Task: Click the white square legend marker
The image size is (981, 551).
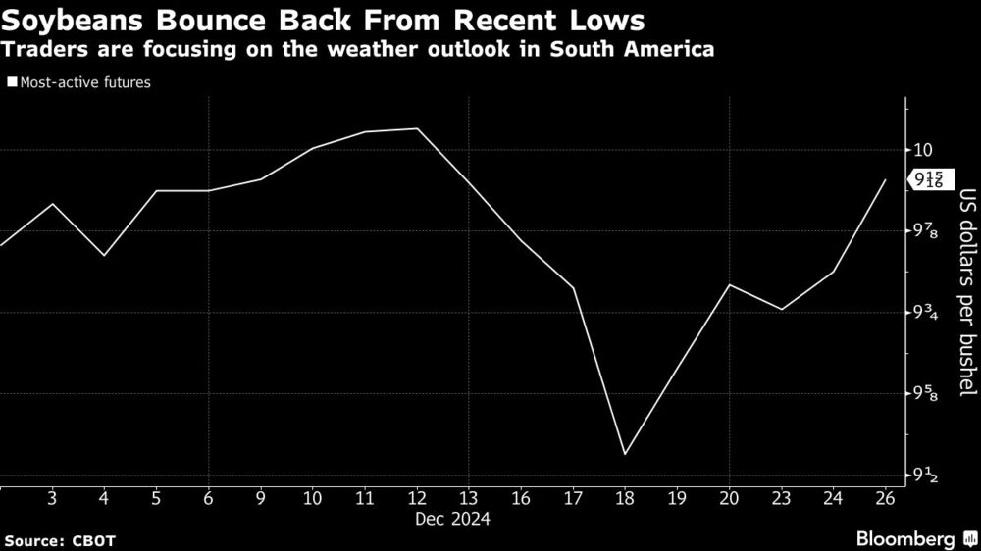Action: [x=12, y=83]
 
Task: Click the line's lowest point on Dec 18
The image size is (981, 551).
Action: [x=625, y=454]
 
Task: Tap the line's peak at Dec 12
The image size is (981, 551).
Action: [x=418, y=128]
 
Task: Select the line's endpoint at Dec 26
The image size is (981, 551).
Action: [x=886, y=180]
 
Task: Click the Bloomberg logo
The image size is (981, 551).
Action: [x=907, y=539]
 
